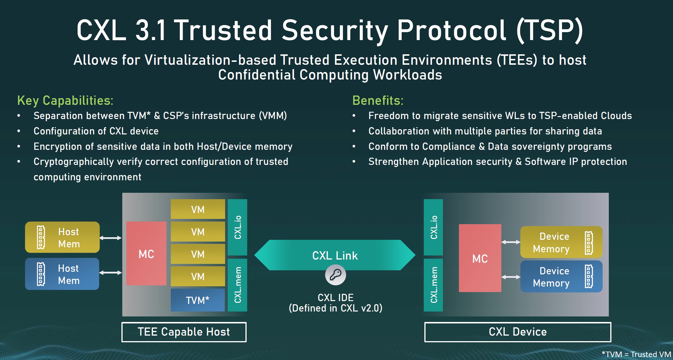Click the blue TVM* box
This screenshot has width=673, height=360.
coord(198,300)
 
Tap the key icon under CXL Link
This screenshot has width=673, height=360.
coord(335,275)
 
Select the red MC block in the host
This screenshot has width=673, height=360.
coord(146,253)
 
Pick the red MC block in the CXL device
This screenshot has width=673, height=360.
coord(480,258)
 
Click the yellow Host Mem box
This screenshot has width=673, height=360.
coord(62,237)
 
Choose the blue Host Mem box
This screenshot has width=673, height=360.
coord(62,274)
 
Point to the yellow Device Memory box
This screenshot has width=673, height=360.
coord(561,242)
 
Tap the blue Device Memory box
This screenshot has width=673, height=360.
coord(561,276)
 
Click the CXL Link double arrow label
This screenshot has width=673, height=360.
coord(335,255)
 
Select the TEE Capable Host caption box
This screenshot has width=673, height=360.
coord(184,332)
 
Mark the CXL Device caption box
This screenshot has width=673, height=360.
coord(518,332)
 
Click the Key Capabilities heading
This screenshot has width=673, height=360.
coord(65,100)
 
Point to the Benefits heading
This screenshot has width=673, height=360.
coord(378,100)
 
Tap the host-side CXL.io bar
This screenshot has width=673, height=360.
coord(238,227)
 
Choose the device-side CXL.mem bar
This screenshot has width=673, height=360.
coord(433,285)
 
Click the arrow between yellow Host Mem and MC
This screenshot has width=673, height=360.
coord(111,238)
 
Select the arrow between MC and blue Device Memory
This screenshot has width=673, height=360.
coord(511,277)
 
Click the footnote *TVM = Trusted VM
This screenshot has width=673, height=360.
coord(636,354)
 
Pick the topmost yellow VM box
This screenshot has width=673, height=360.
coord(198,209)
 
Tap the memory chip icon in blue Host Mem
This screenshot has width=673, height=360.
coord(41,274)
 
